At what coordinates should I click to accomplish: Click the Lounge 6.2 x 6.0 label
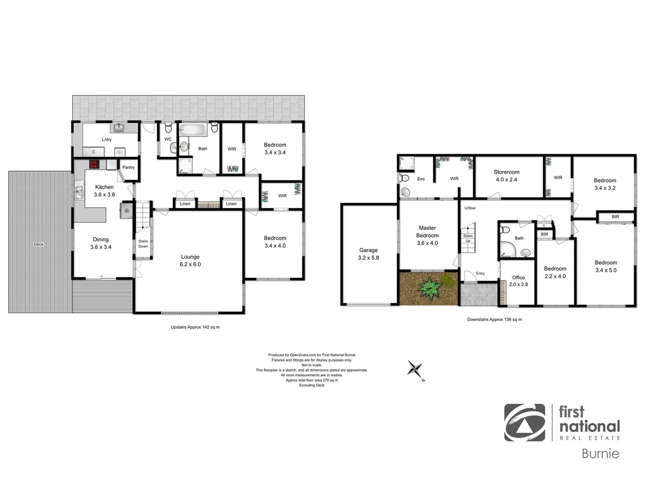tap(190, 260)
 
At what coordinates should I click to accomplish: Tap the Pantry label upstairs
tap(129, 167)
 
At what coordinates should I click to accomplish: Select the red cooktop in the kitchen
tap(94, 164)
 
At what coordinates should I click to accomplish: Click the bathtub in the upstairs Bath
tap(192, 130)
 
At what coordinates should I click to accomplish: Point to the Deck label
tap(39, 244)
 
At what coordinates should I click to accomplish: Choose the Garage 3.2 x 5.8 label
tap(368, 254)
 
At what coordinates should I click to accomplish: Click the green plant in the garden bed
tap(430, 288)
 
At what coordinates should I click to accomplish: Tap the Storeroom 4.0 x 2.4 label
tap(506, 176)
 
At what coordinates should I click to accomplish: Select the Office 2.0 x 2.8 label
tap(519, 281)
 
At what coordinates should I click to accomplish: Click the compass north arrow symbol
tap(415, 370)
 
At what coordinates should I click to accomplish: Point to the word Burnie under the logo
tap(600, 454)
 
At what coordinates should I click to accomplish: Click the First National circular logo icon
tap(524, 423)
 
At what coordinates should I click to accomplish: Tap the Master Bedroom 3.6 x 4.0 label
tap(427, 235)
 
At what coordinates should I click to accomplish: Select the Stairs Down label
tap(143, 244)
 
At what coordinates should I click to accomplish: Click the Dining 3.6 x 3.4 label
tap(101, 243)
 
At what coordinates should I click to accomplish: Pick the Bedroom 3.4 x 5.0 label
tap(606, 266)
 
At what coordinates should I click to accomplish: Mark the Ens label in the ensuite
tap(421, 179)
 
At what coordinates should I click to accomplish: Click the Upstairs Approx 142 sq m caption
tap(195, 327)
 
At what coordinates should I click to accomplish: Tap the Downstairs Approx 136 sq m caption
tap(494, 320)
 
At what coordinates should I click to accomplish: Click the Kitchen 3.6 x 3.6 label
tap(105, 190)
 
